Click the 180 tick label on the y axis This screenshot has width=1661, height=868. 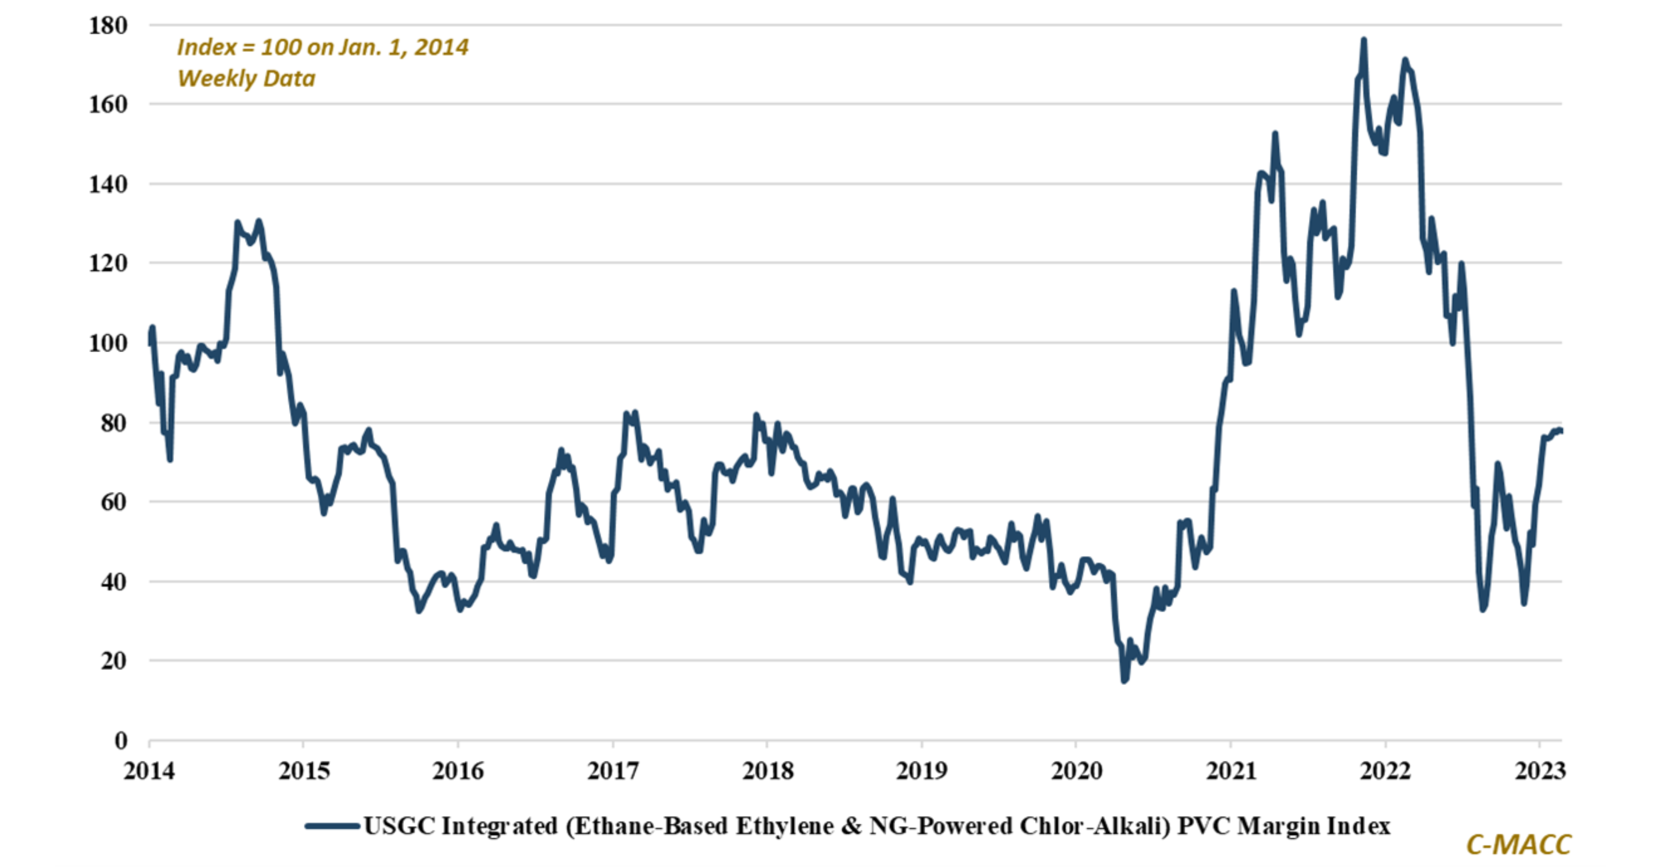click(108, 26)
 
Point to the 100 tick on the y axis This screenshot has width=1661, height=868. click(108, 343)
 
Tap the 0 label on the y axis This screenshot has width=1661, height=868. click(120, 741)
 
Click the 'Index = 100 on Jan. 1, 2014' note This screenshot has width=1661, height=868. click(322, 47)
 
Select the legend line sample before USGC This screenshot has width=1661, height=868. click(332, 826)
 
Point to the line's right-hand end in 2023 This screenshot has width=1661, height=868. click(1560, 431)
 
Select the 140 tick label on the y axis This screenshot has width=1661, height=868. click(108, 184)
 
